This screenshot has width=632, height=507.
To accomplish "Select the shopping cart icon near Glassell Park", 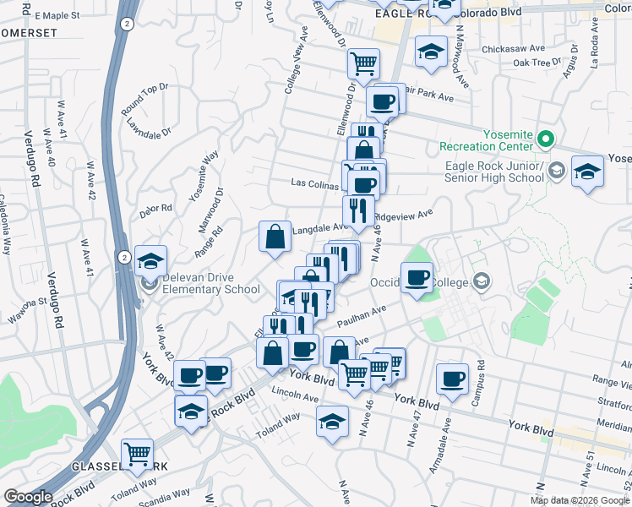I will (x=137, y=454).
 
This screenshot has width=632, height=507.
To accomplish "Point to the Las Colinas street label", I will (x=314, y=183).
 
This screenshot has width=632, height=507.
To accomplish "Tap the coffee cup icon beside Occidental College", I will (x=416, y=278).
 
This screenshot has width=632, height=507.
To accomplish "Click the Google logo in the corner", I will (x=29, y=497).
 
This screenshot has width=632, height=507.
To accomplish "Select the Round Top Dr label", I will (x=144, y=98).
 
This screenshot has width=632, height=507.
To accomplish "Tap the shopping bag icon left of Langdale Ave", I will (x=275, y=237).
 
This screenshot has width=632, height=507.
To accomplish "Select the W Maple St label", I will (x=58, y=15).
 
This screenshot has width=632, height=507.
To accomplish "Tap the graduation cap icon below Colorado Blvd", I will (x=431, y=52).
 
